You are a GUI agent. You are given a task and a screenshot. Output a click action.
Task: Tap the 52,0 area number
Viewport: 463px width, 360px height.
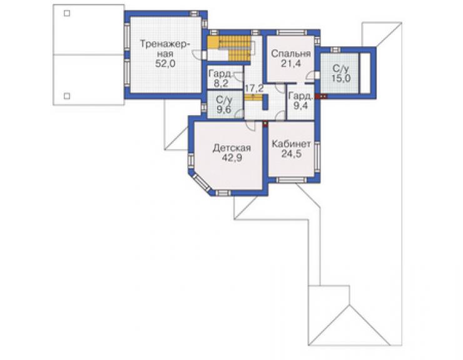(x=165, y=63)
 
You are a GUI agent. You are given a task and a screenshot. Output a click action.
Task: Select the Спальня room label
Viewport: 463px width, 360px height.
(x=291, y=54)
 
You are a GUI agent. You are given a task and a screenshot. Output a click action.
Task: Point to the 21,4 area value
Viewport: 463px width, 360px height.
(x=291, y=63)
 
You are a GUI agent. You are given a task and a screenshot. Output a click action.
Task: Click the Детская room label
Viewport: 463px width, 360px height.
(x=232, y=148)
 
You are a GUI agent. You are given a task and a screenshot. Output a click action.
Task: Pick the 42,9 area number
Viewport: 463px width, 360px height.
(x=232, y=158)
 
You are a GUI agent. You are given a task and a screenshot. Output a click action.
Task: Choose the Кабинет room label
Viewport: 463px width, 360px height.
(x=291, y=144)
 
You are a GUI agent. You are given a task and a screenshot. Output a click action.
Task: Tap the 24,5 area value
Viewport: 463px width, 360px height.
(x=292, y=153)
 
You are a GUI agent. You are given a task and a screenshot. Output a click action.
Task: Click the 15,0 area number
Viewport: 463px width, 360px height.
(x=341, y=78)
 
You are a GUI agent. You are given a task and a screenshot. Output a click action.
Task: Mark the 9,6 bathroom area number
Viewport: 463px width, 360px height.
(x=224, y=110)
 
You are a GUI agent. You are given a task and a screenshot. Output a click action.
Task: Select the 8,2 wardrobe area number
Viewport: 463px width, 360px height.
(x=221, y=83)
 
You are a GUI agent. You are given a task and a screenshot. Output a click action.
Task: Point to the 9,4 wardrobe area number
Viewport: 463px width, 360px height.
(x=301, y=106)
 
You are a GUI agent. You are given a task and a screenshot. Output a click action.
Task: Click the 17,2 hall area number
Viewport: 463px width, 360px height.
(x=254, y=88)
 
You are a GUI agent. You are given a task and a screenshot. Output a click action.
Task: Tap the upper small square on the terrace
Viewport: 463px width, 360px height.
(x=67, y=13)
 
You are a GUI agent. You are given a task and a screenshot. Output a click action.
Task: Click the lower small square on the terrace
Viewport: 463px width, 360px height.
(x=67, y=96)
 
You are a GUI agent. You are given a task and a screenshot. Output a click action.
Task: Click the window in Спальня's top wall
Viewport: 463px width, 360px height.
(x=291, y=33)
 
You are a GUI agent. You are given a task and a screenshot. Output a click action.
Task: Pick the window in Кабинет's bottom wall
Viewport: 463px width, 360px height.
(x=291, y=180)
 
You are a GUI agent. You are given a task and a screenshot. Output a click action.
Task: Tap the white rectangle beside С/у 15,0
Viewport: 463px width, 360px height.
(x=365, y=73)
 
